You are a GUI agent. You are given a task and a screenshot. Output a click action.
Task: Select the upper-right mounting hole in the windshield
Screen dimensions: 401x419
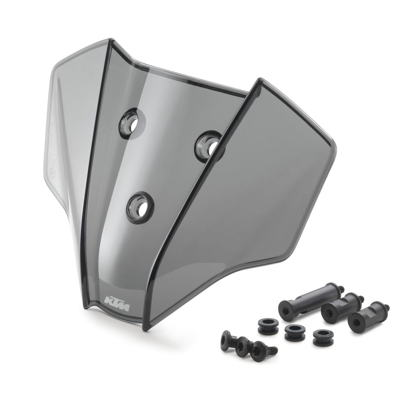click(210, 144)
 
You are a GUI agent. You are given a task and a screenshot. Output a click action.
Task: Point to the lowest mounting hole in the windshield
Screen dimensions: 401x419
click(141, 206)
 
